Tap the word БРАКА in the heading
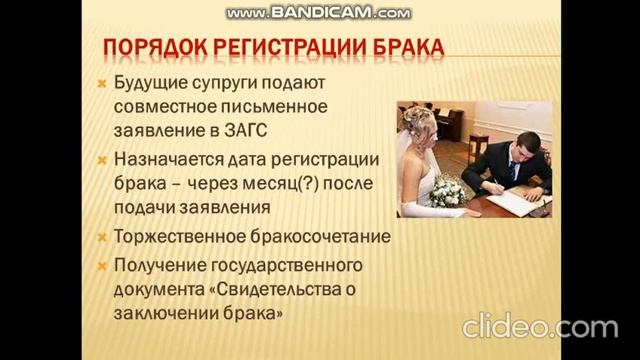tap(407, 48)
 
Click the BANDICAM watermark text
tap(318, 13)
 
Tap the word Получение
tap(159, 265)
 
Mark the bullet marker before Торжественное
tap(102, 239)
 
